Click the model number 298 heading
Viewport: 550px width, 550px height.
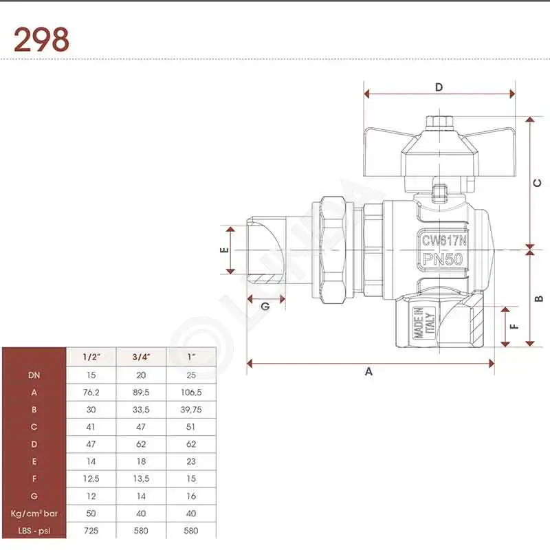[x=41, y=40]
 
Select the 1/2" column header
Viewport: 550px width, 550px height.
[x=91, y=357]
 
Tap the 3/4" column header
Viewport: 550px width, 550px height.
[x=141, y=357]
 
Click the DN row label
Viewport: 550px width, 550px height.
[x=34, y=375]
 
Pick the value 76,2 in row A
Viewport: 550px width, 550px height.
[x=91, y=393]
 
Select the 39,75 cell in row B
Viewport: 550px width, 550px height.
[x=191, y=410]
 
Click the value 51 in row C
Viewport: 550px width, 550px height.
[x=191, y=427]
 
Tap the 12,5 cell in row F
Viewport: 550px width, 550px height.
[x=91, y=478]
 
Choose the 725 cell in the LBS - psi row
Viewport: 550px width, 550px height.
[x=91, y=531]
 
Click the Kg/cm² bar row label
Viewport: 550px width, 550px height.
[x=34, y=514]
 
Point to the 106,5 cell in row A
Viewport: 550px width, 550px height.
[x=191, y=393]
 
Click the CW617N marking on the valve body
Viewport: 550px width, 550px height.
[x=444, y=241]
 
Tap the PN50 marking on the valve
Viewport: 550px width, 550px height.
[x=443, y=259]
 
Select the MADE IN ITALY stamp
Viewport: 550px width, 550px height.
[x=424, y=323]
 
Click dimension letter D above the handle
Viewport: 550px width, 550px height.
[x=439, y=87]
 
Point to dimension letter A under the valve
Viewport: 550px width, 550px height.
[x=368, y=371]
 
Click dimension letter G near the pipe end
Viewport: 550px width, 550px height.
[x=265, y=306]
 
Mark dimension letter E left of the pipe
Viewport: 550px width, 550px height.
[x=224, y=250]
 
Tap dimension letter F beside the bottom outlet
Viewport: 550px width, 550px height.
[x=514, y=327]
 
